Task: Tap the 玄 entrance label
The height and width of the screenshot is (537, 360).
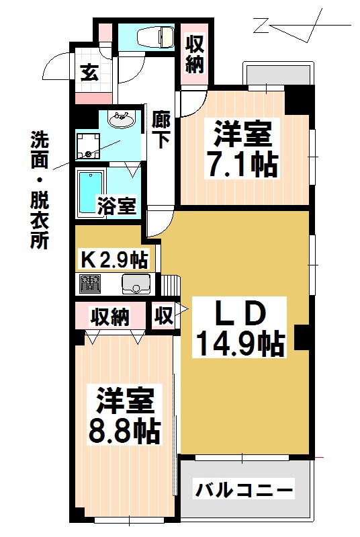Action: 89,73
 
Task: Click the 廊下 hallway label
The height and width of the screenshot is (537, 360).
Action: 161,129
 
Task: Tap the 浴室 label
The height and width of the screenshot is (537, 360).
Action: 117,206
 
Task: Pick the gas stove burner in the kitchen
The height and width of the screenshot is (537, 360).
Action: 89,285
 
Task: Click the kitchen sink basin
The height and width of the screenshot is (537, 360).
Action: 136,284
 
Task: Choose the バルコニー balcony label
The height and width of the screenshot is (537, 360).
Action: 244,489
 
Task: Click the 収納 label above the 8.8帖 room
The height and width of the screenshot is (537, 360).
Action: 110,317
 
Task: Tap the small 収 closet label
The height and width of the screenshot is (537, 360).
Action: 163,316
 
